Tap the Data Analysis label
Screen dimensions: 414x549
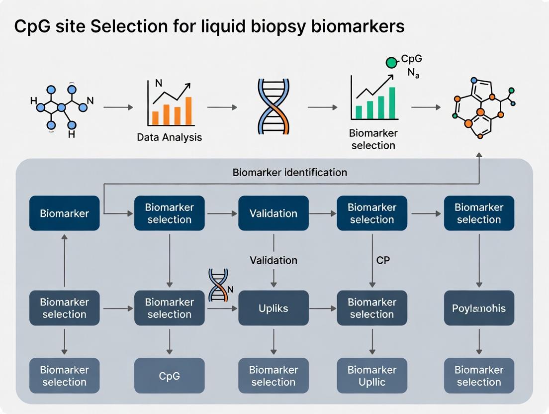pos(169,137)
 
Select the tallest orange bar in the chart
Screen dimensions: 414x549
pos(188,110)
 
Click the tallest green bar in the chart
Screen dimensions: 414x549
pos(392,103)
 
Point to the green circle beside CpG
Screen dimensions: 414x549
pos(392,62)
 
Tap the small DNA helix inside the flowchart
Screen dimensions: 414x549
pos(218,285)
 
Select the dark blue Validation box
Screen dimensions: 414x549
pos(273,213)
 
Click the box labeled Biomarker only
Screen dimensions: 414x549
pos(64,213)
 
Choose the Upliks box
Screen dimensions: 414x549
pos(273,309)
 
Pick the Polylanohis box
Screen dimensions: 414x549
pos(478,309)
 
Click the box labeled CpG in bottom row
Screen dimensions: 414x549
pos(169,376)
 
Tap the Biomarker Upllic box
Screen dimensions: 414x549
pos(371,376)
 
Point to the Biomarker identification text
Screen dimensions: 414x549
pos(289,173)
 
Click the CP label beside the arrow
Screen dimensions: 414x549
pos(383,260)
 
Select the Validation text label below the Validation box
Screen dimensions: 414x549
pos(273,260)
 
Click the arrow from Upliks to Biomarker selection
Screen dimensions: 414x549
pos(323,309)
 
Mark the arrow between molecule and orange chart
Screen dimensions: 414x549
pos(118,107)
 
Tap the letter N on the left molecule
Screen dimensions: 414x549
pos(90,101)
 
